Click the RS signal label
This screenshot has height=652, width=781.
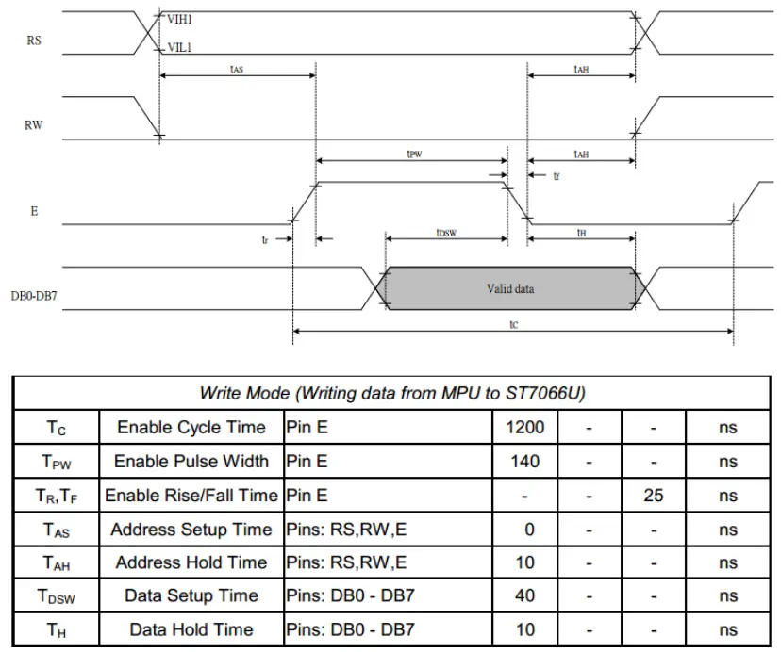click(34, 41)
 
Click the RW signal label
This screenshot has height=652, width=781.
click(34, 124)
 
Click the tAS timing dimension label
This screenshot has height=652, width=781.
click(237, 70)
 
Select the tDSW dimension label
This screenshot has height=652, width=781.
click(446, 232)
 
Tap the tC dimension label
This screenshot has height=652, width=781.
click(513, 323)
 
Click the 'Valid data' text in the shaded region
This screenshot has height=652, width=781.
click(510, 288)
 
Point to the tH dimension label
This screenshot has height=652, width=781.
click(582, 232)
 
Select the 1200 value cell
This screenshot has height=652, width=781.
click(525, 427)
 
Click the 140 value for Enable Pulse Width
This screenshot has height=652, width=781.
click(525, 461)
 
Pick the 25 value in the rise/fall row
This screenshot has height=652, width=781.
click(654, 495)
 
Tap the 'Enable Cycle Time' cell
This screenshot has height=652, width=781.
click(191, 427)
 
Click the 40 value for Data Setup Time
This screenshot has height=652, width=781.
click(525, 595)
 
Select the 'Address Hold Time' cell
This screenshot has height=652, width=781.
click(191, 562)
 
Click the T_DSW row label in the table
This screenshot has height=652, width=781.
click(57, 596)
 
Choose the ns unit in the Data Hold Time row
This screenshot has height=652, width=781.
click(727, 629)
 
